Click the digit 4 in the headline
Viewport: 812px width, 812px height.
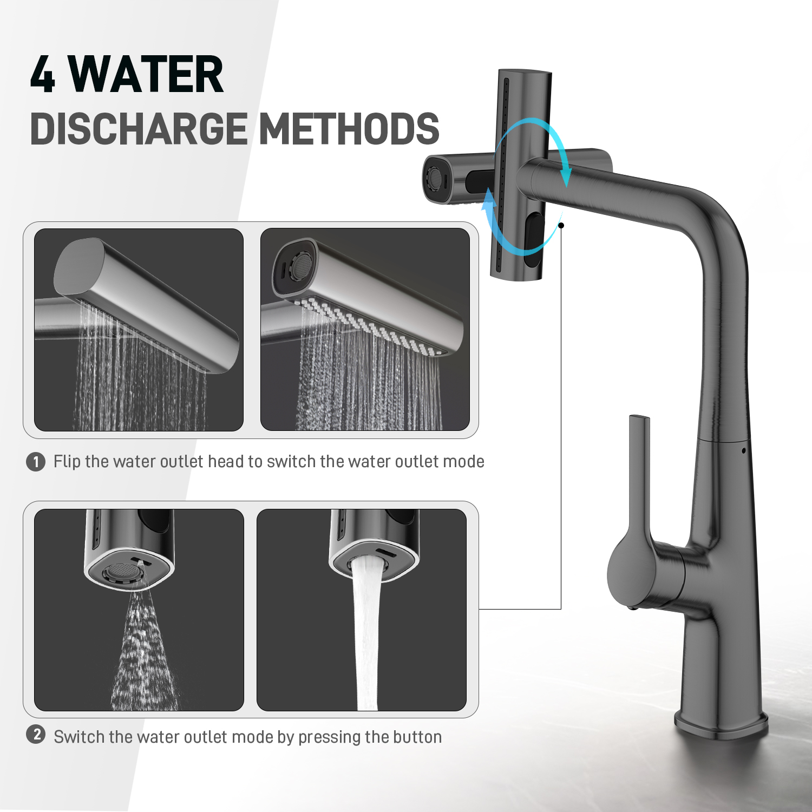tap(43, 74)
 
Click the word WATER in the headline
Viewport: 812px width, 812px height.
tap(146, 74)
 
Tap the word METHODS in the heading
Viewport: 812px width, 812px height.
tap(350, 129)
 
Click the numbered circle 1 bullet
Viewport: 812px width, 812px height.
tap(36, 462)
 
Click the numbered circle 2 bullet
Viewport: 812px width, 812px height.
tap(36, 735)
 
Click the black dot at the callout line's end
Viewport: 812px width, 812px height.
tap(561, 225)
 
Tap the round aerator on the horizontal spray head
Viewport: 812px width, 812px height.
tap(434, 178)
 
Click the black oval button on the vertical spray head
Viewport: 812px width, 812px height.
tap(534, 239)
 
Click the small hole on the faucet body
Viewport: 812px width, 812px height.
tap(744, 450)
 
